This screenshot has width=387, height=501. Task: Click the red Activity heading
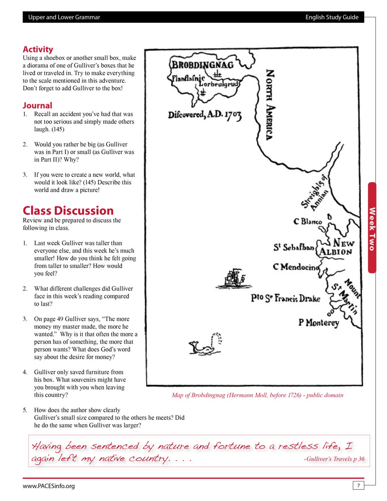(x=38, y=49)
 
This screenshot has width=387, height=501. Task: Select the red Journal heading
(x=37, y=105)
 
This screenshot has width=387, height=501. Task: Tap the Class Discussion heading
(x=68, y=211)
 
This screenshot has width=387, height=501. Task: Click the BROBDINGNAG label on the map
(x=203, y=65)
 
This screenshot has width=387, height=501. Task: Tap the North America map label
(x=270, y=105)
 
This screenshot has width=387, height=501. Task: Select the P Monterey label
(x=318, y=322)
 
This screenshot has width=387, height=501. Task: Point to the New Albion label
(x=337, y=247)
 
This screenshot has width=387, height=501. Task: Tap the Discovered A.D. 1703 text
(x=205, y=115)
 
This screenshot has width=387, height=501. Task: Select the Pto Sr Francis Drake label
(x=285, y=298)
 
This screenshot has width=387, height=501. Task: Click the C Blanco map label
(x=308, y=221)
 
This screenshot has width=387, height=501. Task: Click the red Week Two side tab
(x=372, y=228)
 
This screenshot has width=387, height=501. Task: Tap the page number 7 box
(x=358, y=485)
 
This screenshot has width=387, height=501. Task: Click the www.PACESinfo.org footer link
(x=49, y=486)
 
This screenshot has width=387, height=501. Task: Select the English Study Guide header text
(x=332, y=17)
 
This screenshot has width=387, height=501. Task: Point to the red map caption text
(x=257, y=395)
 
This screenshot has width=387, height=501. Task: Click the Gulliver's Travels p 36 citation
(x=334, y=459)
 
